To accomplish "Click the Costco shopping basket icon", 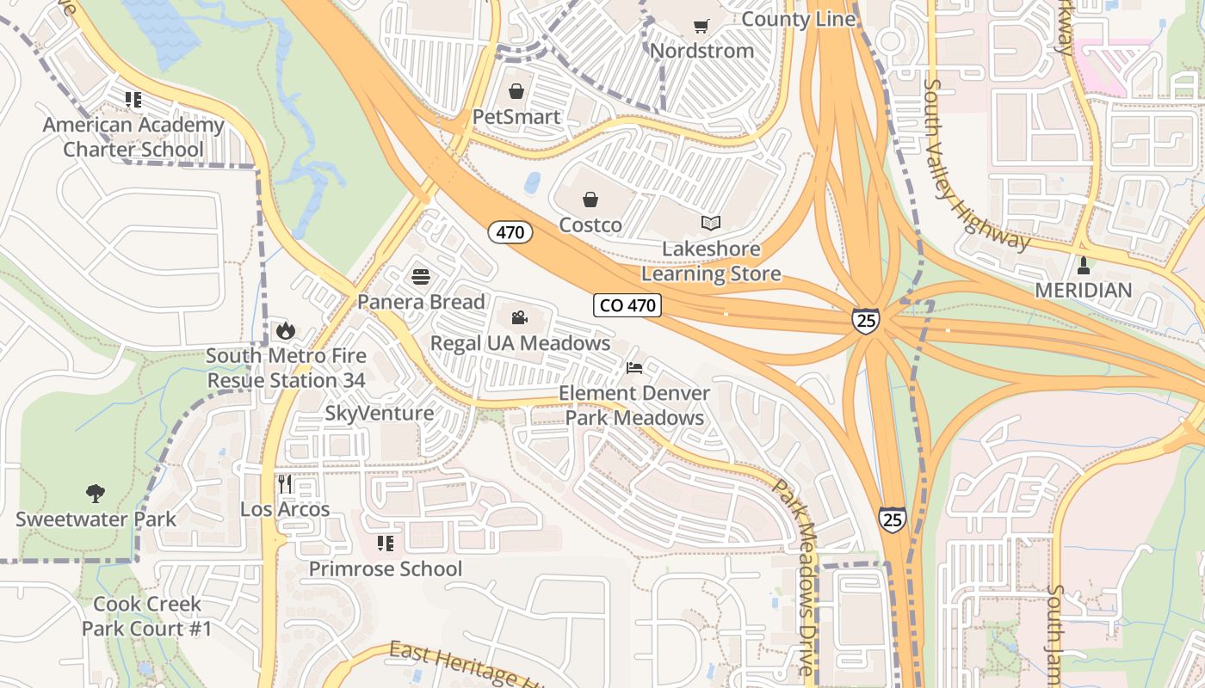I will (590, 200).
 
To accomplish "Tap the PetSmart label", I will (516, 117).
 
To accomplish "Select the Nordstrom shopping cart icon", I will (701, 26).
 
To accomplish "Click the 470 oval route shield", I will (510, 232).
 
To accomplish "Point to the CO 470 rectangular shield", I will (627, 305).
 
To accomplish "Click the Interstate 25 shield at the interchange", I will (866, 321).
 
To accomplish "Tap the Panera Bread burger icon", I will (420, 277).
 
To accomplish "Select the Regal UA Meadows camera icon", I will (519, 318).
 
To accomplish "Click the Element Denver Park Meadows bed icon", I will (634, 368).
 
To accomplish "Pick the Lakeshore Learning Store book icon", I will (710, 224).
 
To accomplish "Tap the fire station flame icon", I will (285, 330).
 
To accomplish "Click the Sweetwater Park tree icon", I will (96, 494).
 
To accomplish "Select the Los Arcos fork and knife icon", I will (285, 484).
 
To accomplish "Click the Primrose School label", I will (386, 568).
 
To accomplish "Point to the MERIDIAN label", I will (1083, 291).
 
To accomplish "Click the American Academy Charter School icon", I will (133, 100).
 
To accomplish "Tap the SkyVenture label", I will (379, 414).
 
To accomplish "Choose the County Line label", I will (798, 19).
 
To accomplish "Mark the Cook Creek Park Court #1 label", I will (146, 617).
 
